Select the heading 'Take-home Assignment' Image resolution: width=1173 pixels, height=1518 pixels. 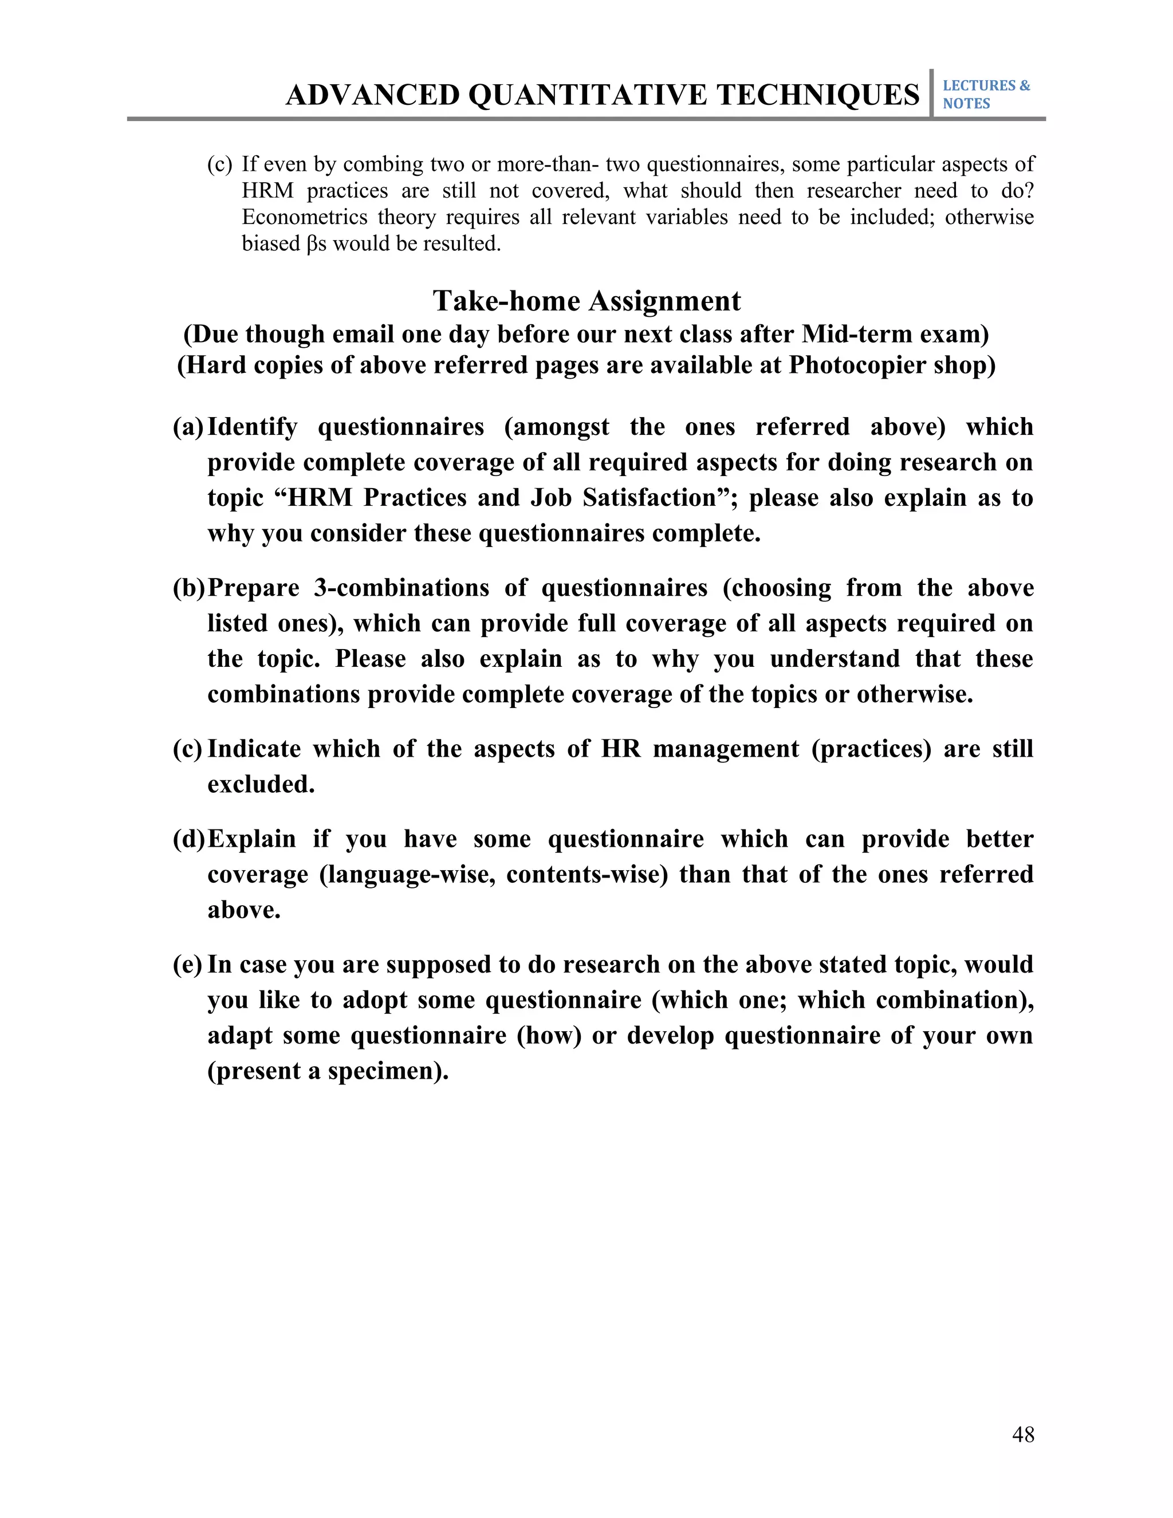(x=586, y=301)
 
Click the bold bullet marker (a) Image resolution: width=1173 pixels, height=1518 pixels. (x=188, y=427)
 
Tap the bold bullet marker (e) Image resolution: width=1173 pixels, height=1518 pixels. (x=188, y=965)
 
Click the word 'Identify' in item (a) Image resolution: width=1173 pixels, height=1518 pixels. (x=252, y=427)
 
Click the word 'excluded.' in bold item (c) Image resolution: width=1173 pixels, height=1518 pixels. (x=261, y=785)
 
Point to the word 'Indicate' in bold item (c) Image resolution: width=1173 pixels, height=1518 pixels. (x=254, y=749)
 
